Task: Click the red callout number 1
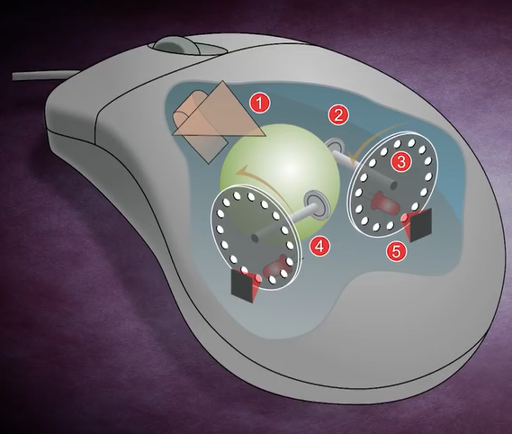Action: (x=259, y=104)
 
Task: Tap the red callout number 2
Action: (x=338, y=115)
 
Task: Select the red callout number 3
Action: (x=400, y=161)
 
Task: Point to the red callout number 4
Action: (x=320, y=247)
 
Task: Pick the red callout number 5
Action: (x=396, y=251)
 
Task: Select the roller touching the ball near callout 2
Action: (x=335, y=145)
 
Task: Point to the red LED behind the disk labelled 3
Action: (x=384, y=202)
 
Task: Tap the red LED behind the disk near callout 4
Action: (x=275, y=267)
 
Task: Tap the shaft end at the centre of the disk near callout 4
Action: (x=255, y=238)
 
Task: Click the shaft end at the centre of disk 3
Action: (x=393, y=185)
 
